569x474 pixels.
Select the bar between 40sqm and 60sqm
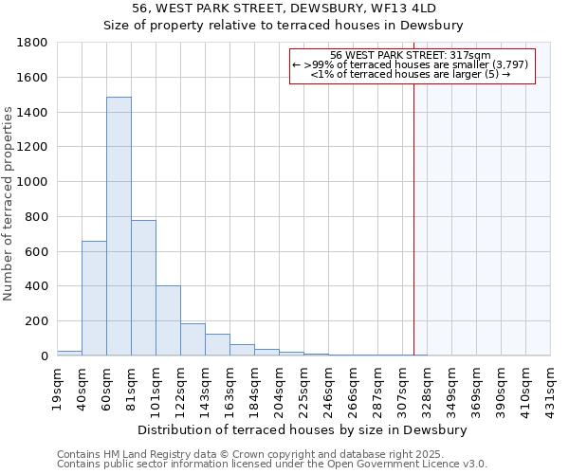point(94,298)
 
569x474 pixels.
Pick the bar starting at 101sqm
point(168,320)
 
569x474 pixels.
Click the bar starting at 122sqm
point(193,339)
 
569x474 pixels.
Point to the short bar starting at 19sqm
point(69,353)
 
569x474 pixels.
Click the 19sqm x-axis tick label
point(57,387)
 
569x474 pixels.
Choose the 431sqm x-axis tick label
point(550,387)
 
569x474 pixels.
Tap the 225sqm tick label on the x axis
point(303,387)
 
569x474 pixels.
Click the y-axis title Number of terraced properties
point(9,204)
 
